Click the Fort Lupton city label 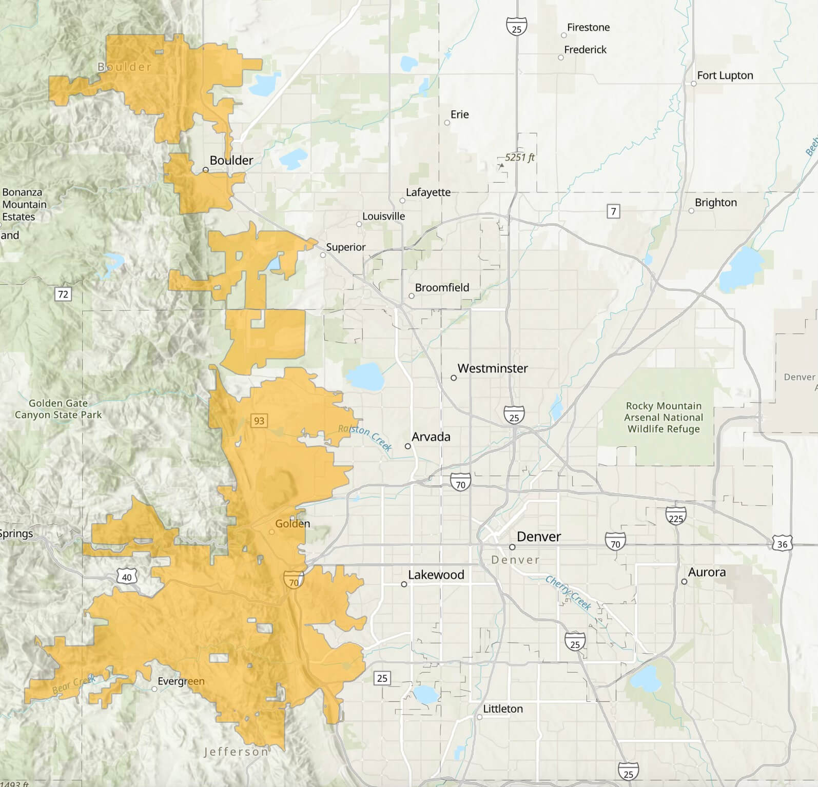click(x=725, y=75)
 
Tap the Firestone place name click(x=588, y=28)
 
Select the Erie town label click(x=459, y=114)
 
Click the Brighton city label click(x=715, y=203)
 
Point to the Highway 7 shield click(x=613, y=211)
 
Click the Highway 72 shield click(x=63, y=294)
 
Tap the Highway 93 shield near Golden click(x=259, y=421)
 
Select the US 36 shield click(x=782, y=544)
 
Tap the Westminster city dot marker click(x=454, y=378)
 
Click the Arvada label click(x=431, y=437)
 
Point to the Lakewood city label click(x=436, y=575)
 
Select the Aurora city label click(x=707, y=573)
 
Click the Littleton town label click(x=503, y=709)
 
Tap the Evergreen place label click(x=181, y=681)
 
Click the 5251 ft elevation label click(x=519, y=158)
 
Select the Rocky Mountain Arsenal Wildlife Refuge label click(x=663, y=417)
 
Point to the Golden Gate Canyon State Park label click(x=58, y=409)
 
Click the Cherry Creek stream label click(x=569, y=593)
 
